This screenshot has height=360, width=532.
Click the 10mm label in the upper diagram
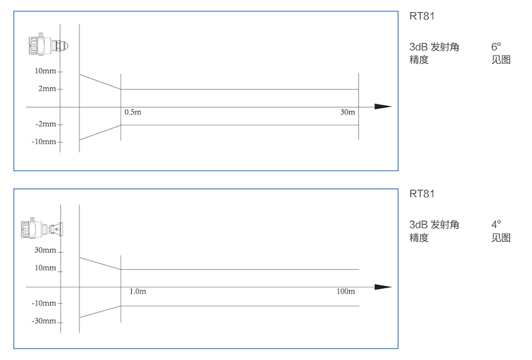(x=46, y=71)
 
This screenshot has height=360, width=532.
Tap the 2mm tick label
(x=47, y=89)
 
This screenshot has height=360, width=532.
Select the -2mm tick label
(x=46, y=124)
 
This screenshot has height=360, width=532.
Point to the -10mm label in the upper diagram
(x=44, y=142)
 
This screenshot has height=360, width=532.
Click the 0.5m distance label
(x=133, y=112)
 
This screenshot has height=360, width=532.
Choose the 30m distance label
(x=348, y=112)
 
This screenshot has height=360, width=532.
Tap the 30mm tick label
(x=46, y=250)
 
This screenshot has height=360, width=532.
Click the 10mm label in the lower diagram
(x=46, y=268)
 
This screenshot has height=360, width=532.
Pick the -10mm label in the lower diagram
(x=44, y=303)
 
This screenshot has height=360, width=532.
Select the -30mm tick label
(x=44, y=321)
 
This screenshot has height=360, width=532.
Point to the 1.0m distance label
(x=137, y=291)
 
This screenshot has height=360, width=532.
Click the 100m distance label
(x=346, y=291)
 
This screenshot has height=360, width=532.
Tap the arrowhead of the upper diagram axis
(x=383, y=106)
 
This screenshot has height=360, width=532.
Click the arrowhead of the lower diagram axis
(x=383, y=287)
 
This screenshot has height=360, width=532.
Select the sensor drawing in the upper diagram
(x=47, y=45)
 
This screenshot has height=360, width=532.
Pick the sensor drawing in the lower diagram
(x=45, y=228)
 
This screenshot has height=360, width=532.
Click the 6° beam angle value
(x=496, y=47)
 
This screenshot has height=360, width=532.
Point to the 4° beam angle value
(x=496, y=224)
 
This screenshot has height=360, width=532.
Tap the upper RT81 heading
(x=422, y=16)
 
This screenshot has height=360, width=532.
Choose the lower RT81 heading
(x=422, y=193)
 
